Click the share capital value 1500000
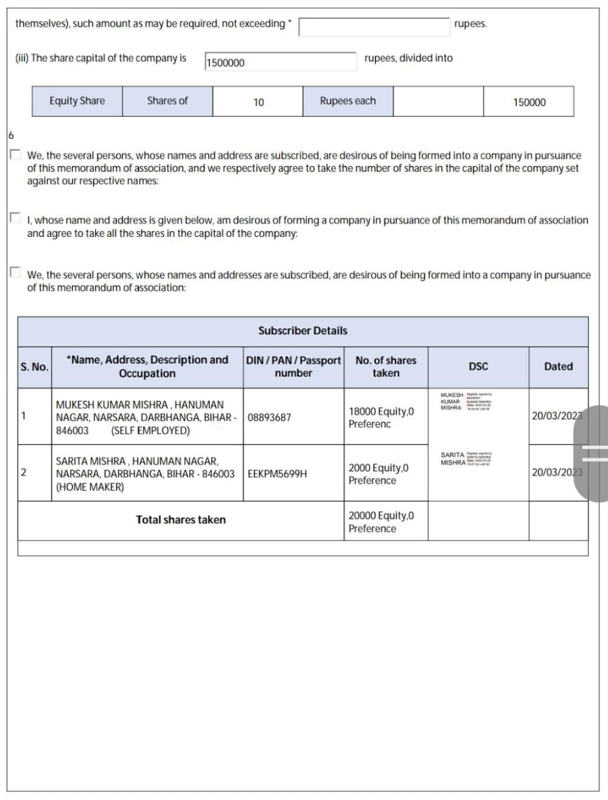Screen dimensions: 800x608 tap(226, 62)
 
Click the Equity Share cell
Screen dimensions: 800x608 tap(77, 101)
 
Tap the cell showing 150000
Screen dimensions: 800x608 tap(529, 102)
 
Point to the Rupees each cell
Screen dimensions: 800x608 tap(347, 101)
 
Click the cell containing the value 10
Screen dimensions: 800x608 tap(258, 102)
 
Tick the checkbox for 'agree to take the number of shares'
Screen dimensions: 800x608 tap(16, 154)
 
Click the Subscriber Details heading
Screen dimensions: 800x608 tap(302, 331)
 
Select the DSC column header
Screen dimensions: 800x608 tap(478, 367)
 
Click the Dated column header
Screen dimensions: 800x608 tap(558, 367)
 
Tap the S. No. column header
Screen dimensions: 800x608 tap(34, 367)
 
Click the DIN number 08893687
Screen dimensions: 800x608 tap(269, 417)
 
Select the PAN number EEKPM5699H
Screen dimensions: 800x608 tap(277, 474)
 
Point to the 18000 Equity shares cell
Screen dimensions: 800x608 tap(381, 417)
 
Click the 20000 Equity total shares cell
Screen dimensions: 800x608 tap(381, 522)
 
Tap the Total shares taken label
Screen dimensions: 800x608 tap(181, 520)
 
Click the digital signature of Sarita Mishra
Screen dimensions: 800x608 tap(466, 459)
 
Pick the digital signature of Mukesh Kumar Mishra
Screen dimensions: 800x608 tap(466, 401)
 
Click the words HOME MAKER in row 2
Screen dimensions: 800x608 tap(90, 487)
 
